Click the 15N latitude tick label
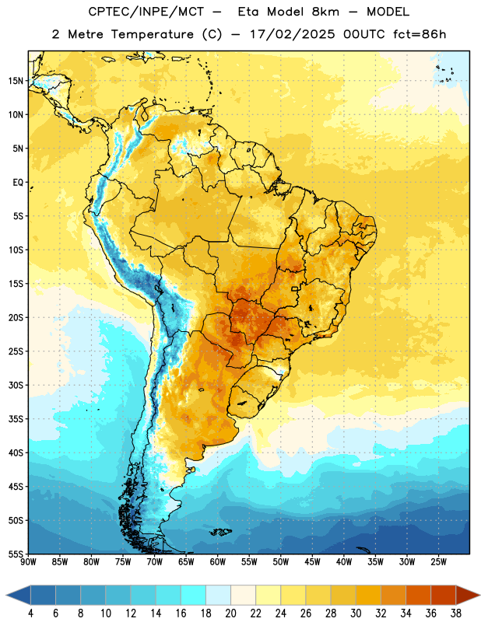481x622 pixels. (x=16, y=81)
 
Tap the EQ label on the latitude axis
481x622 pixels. (x=18, y=183)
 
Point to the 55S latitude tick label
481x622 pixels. (x=16, y=554)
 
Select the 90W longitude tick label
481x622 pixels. (x=28, y=561)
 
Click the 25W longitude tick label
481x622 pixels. (x=438, y=561)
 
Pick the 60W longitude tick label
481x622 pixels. (x=218, y=561)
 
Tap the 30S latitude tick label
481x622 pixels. (x=16, y=385)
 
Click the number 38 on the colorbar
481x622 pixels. (x=456, y=613)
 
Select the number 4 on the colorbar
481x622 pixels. (x=30, y=613)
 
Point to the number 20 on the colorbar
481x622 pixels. (x=230, y=613)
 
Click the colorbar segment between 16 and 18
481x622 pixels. (x=194, y=595)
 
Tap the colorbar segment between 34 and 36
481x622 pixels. (x=419, y=595)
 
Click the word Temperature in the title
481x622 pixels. (x=153, y=34)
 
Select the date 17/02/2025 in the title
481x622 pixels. (x=293, y=34)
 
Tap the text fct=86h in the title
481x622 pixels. (x=420, y=34)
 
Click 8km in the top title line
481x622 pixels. (x=325, y=12)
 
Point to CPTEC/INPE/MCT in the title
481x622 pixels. (x=146, y=12)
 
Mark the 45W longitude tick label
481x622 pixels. (x=313, y=561)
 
